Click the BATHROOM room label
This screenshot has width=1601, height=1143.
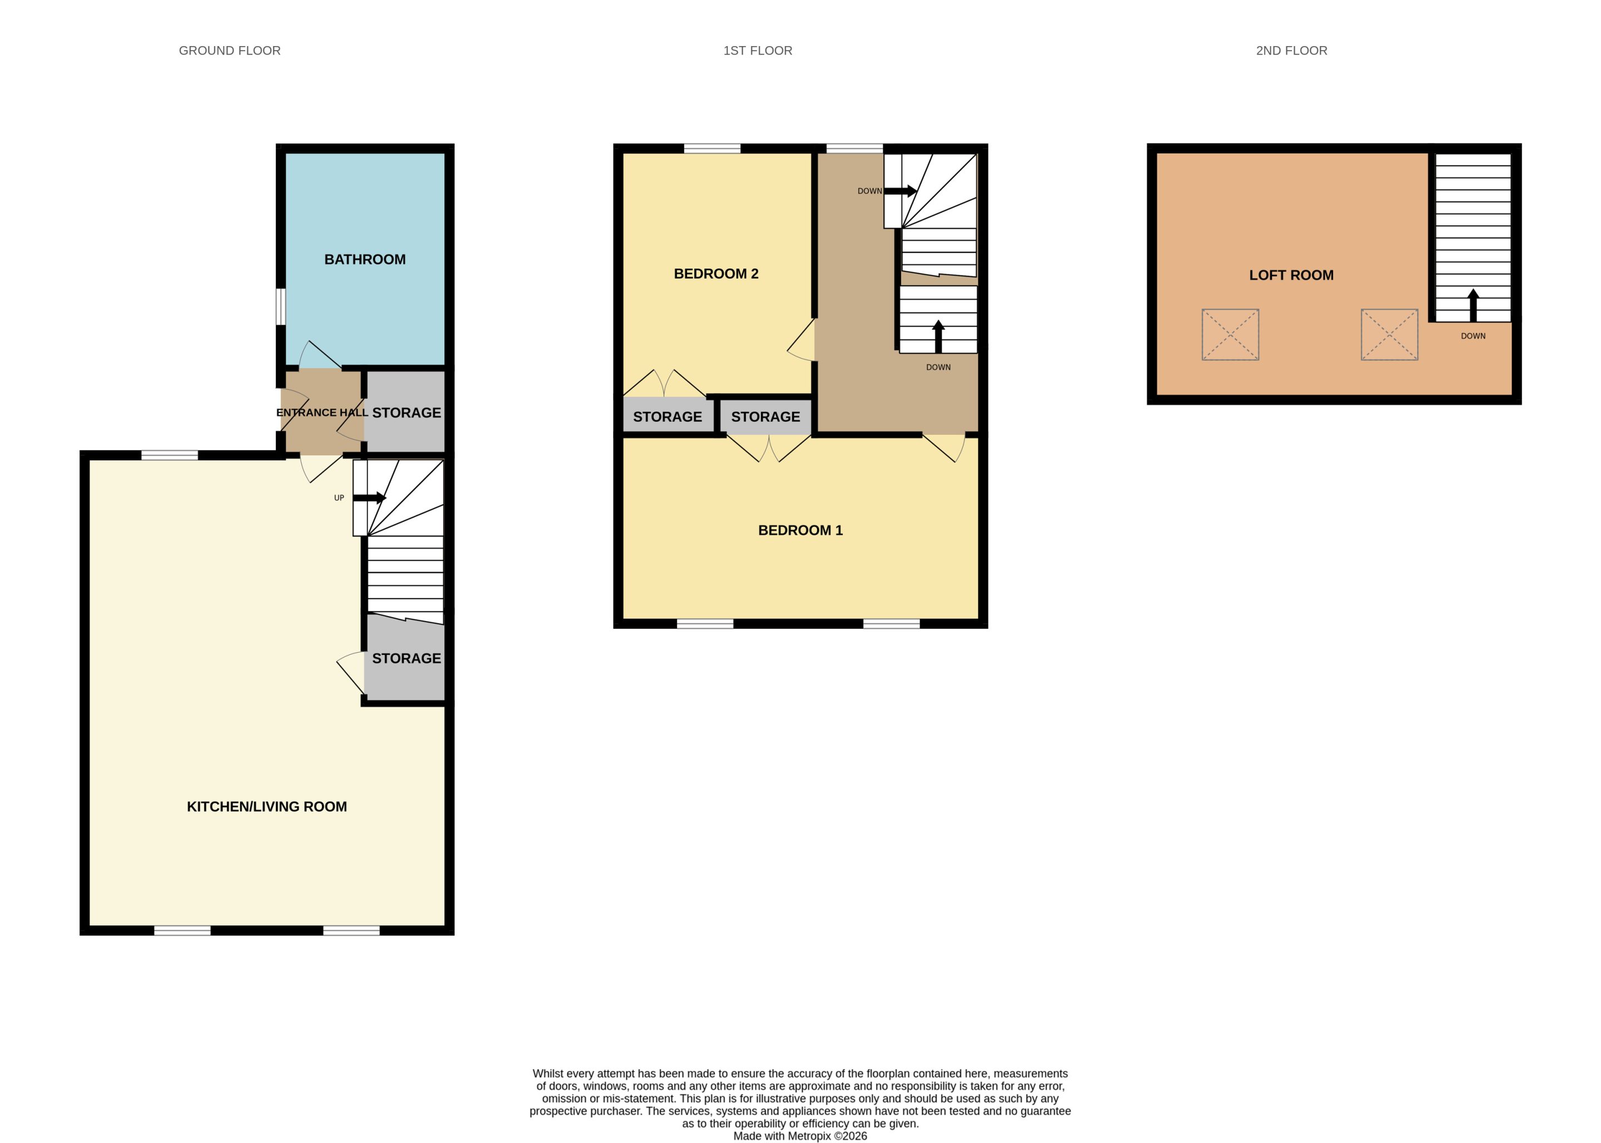[x=365, y=260]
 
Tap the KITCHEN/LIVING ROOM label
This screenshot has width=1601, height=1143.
[x=267, y=807]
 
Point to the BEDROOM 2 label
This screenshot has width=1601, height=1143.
[x=715, y=274]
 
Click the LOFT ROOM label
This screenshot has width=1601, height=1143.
[x=1291, y=275]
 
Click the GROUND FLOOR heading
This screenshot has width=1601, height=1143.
[x=230, y=51]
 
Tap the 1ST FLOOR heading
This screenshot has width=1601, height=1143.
[x=758, y=51]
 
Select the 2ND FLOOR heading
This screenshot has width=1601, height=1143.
[x=1291, y=51]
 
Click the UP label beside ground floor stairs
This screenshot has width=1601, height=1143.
[x=339, y=498]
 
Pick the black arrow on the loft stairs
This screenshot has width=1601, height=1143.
[x=1473, y=305]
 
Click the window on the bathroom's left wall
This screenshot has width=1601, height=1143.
[x=280, y=307]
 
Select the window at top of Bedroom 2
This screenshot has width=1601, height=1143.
[x=712, y=148]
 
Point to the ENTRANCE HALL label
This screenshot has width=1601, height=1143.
[x=322, y=413]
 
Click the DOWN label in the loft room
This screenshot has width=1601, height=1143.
[x=1473, y=336]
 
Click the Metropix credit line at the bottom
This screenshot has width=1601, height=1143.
[x=800, y=1136]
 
